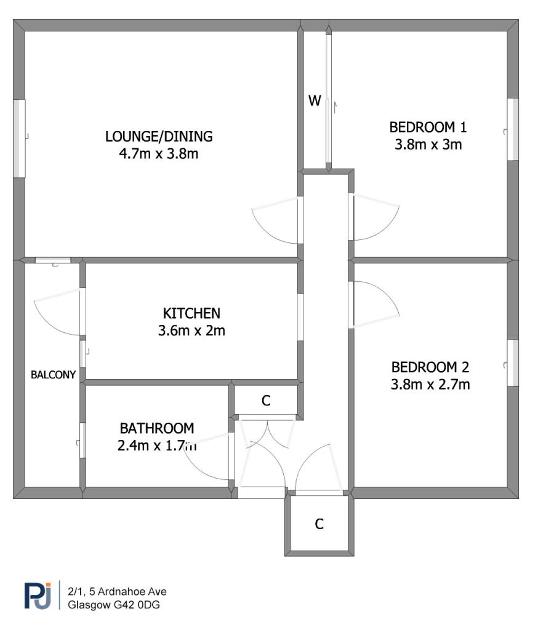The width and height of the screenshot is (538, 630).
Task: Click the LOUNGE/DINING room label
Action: (x=159, y=136)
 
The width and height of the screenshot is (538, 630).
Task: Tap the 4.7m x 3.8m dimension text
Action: (x=159, y=153)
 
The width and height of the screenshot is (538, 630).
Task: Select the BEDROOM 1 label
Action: (x=428, y=127)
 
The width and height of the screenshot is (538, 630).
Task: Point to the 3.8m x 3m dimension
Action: (x=428, y=145)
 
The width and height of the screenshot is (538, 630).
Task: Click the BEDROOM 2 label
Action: (x=430, y=367)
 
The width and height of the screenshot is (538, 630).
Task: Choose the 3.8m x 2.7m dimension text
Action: (x=430, y=385)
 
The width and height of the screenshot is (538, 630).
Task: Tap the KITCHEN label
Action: (x=191, y=313)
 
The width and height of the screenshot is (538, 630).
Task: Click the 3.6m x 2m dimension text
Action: (x=191, y=330)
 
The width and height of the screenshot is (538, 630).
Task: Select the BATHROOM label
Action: (x=157, y=428)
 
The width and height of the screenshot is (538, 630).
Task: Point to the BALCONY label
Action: (x=54, y=374)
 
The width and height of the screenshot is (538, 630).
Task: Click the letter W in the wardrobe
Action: (x=315, y=101)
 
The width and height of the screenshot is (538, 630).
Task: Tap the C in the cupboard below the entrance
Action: (x=319, y=524)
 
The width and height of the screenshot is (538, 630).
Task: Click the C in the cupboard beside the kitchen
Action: (x=266, y=401)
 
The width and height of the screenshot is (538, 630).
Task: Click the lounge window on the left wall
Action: (x=20, y=138)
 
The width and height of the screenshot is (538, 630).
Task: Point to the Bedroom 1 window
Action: (x=512, y=129)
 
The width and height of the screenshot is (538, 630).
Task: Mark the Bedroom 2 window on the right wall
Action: (x=512, y=363)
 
